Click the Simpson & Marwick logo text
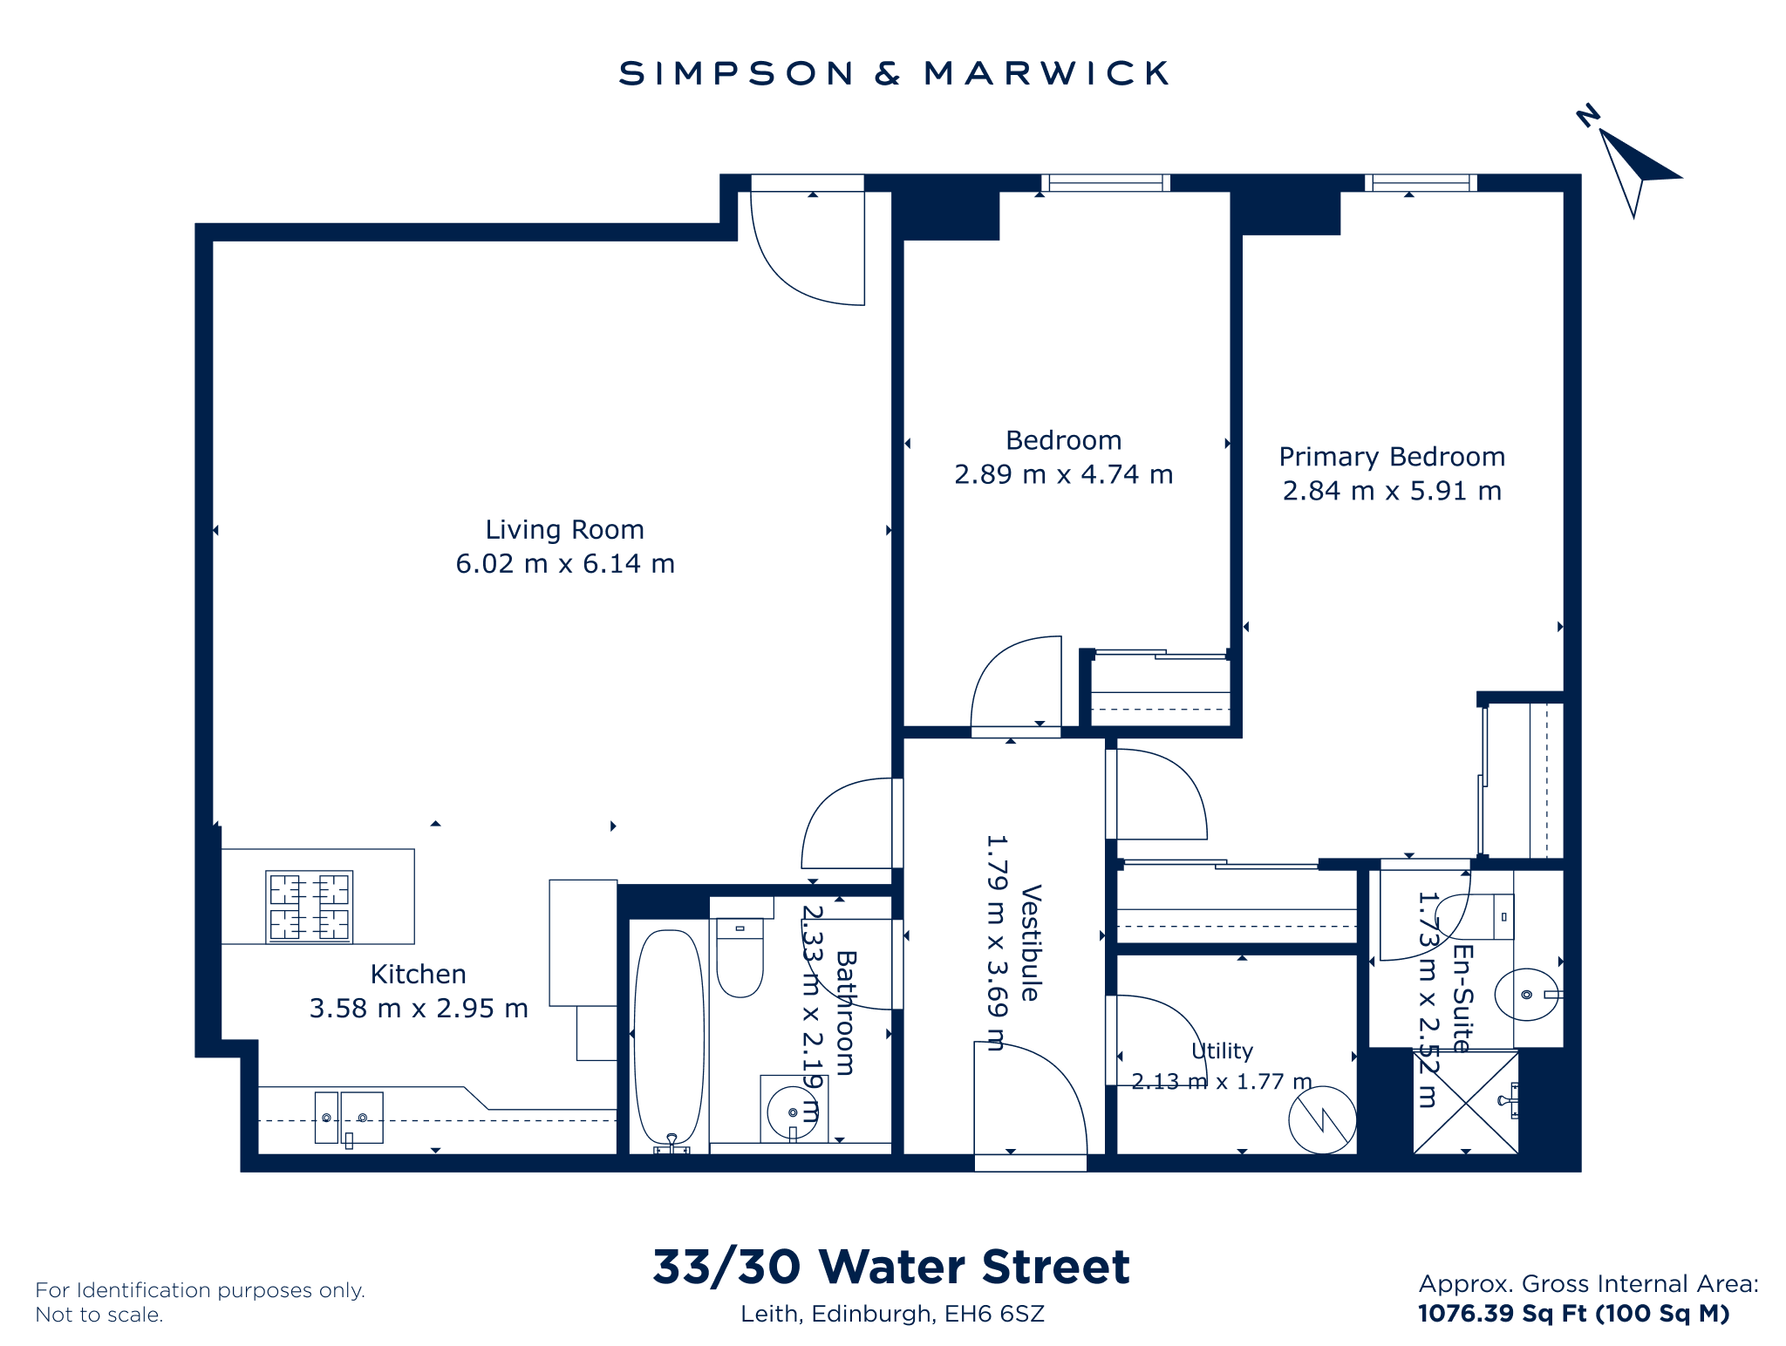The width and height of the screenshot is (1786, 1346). tap(893, 73)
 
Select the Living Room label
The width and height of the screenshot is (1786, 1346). tap(564, 530)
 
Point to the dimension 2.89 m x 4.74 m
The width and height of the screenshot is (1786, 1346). tap(1063, 474)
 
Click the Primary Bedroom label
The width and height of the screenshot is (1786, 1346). tap(1392, 457)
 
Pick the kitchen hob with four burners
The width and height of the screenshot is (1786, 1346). tap(310, 907)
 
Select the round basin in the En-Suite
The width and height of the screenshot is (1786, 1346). tap(1527, 994)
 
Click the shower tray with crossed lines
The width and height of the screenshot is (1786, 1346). tap(1466, 1102)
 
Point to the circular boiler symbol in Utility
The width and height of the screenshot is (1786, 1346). tap(1323, 1119)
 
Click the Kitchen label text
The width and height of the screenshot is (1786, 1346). tap(419, 974)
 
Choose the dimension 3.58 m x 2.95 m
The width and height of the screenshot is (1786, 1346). tap(419, 1009)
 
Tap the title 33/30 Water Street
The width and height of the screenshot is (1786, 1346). tap(891, 1267)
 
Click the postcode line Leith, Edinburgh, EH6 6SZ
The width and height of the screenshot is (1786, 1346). tap(892, 1315)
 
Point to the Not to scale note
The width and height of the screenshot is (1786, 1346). tap(99, 1315)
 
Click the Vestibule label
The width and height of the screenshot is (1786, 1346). tap(1031, 942)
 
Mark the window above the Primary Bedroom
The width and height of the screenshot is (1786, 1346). tap(1421, 183)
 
